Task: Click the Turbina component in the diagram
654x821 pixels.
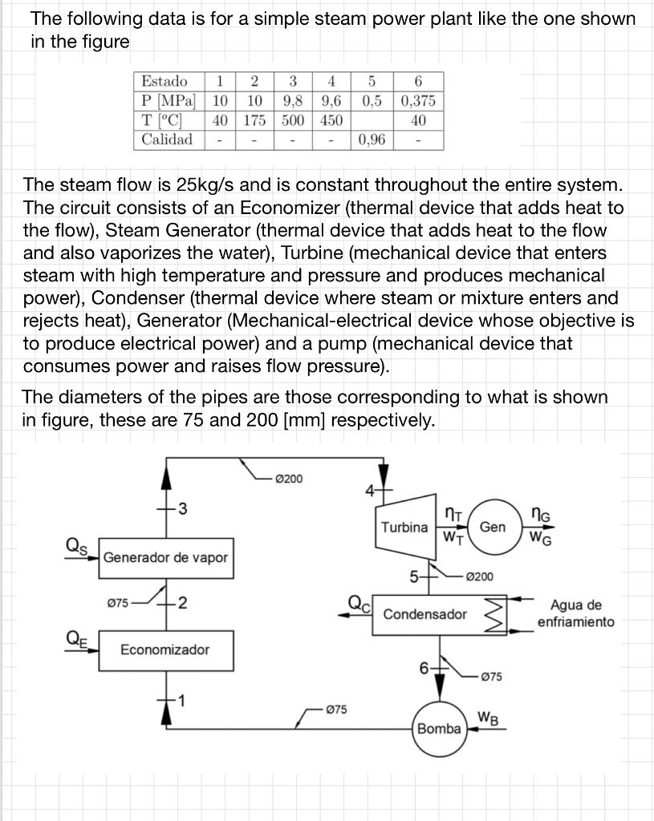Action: pos(404,527)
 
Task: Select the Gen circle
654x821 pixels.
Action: pos(493,527)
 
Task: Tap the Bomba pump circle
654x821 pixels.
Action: pos(439,727)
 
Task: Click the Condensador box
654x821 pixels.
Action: pos(424,614)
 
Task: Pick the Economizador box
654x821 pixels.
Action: pos(165,649)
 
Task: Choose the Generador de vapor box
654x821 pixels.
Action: pos(166,557)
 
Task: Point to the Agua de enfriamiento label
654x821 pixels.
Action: pos(575,613)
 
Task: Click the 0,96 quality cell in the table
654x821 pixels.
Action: pos(372,140)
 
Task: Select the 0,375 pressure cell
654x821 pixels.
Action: pos(418,101)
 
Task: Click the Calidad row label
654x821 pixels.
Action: pos(167,140)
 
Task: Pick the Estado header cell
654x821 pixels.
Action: pos(165,82)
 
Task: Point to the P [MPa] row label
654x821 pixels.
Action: pos(169,101)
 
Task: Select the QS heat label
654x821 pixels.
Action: pos(76,544)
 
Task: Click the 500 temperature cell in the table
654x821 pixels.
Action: pos(293,120)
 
